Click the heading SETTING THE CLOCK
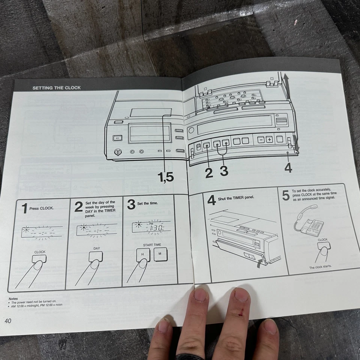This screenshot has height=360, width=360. [x=57, y=88]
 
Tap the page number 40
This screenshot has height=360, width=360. [x=9, y=321]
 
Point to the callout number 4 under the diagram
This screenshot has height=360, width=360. [x=288, y=168]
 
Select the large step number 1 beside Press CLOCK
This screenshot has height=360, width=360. [x=24, y=209]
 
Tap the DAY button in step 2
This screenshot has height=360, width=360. [x=96, y=256]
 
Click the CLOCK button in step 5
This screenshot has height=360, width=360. [x=324, y=246]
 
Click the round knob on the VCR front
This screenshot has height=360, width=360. [x=117, y=152]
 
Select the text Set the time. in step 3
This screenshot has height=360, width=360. [x=148, y=203]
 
